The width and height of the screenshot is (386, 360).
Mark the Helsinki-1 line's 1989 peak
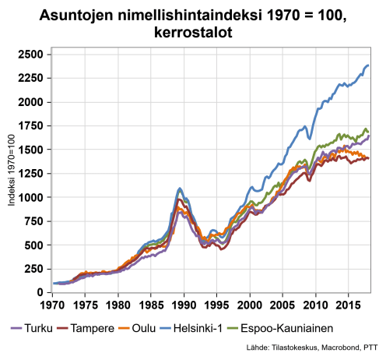[181, 189]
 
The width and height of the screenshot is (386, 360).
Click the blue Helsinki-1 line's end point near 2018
[368, 65]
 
